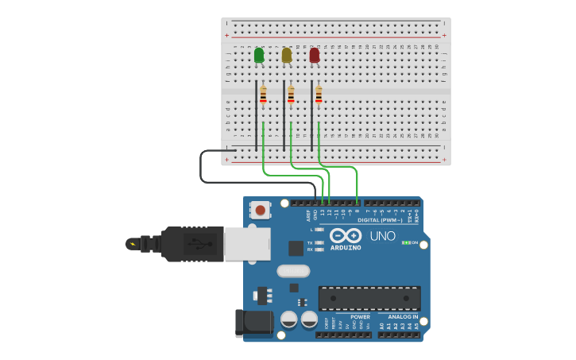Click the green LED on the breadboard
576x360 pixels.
(x=259, y=55)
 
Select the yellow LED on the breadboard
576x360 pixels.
(x=287, y=55)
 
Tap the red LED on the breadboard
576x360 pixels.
(x=315, y=55)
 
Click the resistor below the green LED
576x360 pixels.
(x=263, y=95)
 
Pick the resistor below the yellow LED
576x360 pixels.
(x=291, y=95)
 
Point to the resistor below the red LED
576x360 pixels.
(x=319, y=95)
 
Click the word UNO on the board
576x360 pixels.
(x=382, y=236)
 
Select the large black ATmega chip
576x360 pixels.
(x=369, y=298)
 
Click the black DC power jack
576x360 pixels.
(x=253, y=323)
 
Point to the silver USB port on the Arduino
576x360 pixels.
(x=247, y=244)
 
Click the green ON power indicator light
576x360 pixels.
(x=406, y=242)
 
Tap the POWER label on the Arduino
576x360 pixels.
(x=360, y=317)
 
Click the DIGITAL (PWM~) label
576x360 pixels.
(x=380, y=220)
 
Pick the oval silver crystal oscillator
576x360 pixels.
(x=293, y=270)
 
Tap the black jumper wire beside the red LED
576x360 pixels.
(x=311, y=115)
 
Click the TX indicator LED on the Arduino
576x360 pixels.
(x=319, y=242)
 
